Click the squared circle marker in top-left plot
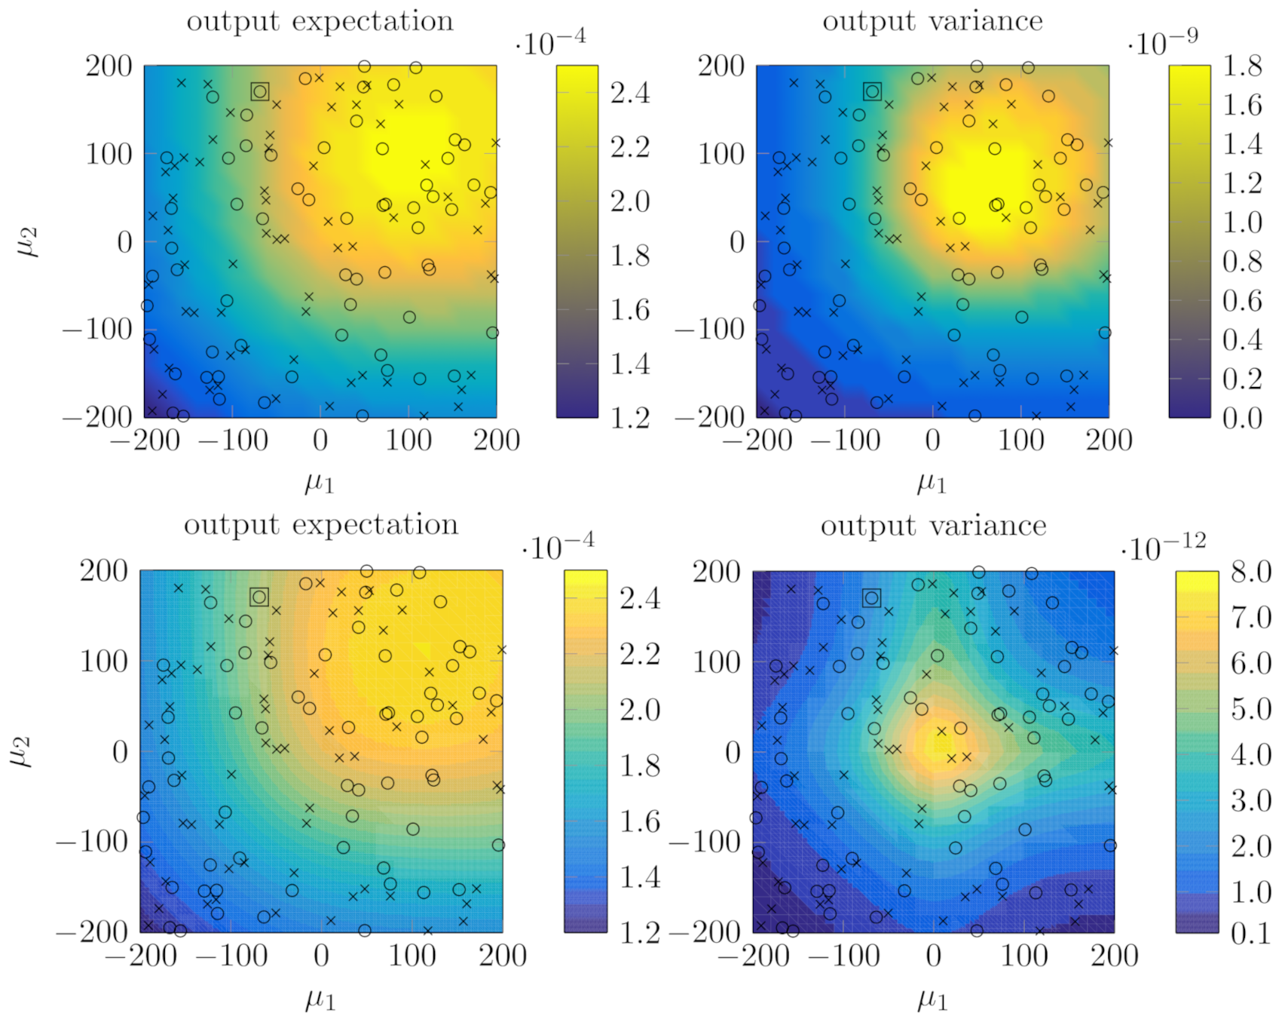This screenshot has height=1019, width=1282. pos(260,91)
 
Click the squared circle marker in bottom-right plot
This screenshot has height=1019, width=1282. pos(872,598)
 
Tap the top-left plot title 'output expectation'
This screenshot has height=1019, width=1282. pos(320,21)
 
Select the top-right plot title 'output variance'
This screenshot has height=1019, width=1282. pos(932,21)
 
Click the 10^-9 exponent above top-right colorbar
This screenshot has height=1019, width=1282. pos(1162,42)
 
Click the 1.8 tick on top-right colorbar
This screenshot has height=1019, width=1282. pos(1241,66)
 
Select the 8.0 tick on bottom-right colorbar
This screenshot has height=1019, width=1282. pos(1250,572)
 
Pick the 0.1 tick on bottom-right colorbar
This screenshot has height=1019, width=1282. pos(1250,934)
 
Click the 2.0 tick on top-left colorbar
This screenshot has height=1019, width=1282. pos(629,201)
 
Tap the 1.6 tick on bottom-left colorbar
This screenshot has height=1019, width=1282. pos(639,821)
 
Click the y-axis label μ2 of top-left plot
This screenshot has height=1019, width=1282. pos(29,243)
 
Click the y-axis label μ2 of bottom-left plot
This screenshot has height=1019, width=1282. pos(21,752)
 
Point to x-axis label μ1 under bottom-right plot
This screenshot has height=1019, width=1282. pos(932,1000)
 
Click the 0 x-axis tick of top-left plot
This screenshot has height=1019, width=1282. pos(320,440)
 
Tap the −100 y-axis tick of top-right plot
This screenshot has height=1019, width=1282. pos(709,330)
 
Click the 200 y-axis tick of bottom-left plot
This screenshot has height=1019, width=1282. pos(104,570)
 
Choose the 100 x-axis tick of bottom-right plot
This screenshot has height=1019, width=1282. pos(1023,956)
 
